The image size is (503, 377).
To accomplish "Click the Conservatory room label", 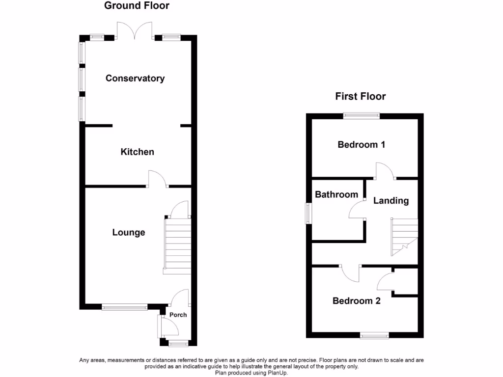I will tap(135, 78).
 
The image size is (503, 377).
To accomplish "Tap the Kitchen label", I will tap(138, 152).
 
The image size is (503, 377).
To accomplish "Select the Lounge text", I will tap(129, 232).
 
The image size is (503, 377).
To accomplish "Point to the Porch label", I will tap(178, 315).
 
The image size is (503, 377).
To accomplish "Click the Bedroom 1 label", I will tap(361, 144).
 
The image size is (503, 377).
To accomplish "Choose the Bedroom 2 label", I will tap(357, 301).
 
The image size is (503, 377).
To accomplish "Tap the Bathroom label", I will tap(336, 194).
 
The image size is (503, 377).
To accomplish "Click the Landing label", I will tap(391, 200).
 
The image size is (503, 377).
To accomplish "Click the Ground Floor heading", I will tap(137, 6).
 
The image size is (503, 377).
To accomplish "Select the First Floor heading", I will tap(361, 96).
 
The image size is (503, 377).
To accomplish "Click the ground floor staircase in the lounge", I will tap(177, 245).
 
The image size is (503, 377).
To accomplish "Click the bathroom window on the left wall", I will tap(308, 213).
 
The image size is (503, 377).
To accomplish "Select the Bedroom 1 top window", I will tap(362, 116).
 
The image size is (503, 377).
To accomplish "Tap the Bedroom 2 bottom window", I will tap(374, 336).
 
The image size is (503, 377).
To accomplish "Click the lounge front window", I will tap(125, 308).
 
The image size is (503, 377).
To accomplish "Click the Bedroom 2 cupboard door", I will tap(385, 282).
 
